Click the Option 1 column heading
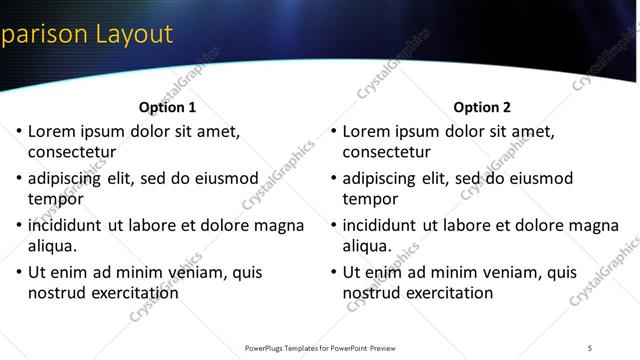point(167,107)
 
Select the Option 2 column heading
point(482,107)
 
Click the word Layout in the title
point(134,34)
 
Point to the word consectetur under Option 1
point(72,153)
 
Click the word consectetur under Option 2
point(387,153)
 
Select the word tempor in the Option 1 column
point(55,199)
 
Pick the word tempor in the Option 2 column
point(370,199)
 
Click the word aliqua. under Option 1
point(56,246)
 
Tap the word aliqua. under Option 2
point(371,246)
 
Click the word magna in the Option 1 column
point(279,225)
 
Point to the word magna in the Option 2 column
point(594,225)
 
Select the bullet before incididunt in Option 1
point(18,225)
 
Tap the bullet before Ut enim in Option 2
point(333,272)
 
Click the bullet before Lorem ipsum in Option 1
point(18,131)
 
